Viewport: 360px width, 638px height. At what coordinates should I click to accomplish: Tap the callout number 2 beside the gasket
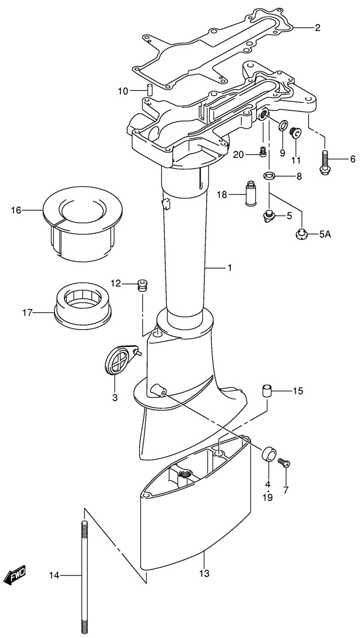pyautogui.click(x=317, y=28)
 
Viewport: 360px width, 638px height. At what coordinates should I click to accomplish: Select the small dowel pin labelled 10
pyautogui.click(x=149, y=89)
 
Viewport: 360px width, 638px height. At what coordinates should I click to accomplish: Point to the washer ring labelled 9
pyautogui.click(x=283, y=125)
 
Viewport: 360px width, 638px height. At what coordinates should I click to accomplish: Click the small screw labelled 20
pyautogui.click(x=263, y=151)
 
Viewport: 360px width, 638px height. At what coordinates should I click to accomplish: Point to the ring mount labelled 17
pyautogui.click(x=83, y=305)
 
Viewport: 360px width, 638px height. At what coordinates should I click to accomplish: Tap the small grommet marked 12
pyautogui.click(x=142, y=285)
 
